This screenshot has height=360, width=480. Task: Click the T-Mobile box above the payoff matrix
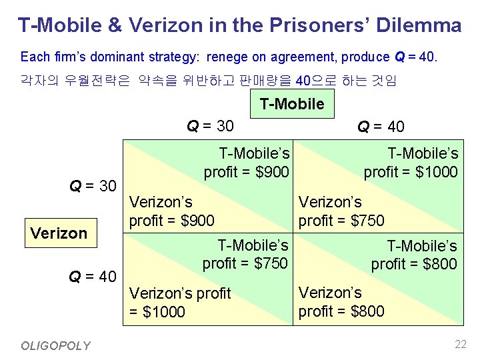pos(291,104)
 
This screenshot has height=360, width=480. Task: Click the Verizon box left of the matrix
pos(59,233)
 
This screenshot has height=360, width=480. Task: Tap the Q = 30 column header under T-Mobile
pos(209,125)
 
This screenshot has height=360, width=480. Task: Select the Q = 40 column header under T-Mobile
pos(380,127)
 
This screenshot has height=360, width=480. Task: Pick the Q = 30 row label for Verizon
pos(93,185)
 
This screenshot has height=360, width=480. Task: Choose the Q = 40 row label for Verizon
pos(93,276)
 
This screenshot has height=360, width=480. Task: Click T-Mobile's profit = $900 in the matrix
pos(246,163)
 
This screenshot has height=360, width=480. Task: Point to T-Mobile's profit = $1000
pos(411,163)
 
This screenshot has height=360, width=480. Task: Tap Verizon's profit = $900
pos(171,211)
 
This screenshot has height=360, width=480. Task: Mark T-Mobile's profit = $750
pos(245,255)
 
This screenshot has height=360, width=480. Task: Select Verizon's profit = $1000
pos(179,302)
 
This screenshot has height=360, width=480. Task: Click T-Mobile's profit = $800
pos(414,255)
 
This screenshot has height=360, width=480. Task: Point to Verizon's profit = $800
pos(341,301)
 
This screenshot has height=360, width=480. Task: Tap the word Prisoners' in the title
pos(323,25)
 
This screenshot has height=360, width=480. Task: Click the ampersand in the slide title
pos(115,25)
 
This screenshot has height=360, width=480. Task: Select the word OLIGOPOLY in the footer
pos(55,345)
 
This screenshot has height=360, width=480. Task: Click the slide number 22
pos(460,345)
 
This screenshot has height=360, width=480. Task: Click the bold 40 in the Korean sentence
pos(303,81)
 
